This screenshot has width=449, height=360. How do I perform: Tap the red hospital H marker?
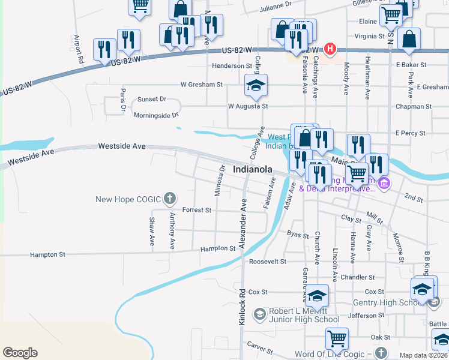point(330,49)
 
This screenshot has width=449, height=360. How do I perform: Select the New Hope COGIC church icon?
point(170,199)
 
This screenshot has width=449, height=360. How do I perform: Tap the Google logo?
point(20,353)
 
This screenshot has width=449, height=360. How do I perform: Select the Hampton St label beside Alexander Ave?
point(218,248)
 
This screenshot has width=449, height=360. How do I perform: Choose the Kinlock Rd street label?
point(243,307)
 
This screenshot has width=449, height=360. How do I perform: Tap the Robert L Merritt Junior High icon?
point(259,314)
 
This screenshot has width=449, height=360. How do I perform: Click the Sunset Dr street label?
point(151,99)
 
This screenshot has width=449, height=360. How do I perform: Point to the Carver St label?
point(260,347)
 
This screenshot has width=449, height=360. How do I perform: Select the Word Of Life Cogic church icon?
point(379,353)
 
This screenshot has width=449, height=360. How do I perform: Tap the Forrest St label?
point(197,211)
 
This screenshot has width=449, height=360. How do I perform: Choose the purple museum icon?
point(385,184)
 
